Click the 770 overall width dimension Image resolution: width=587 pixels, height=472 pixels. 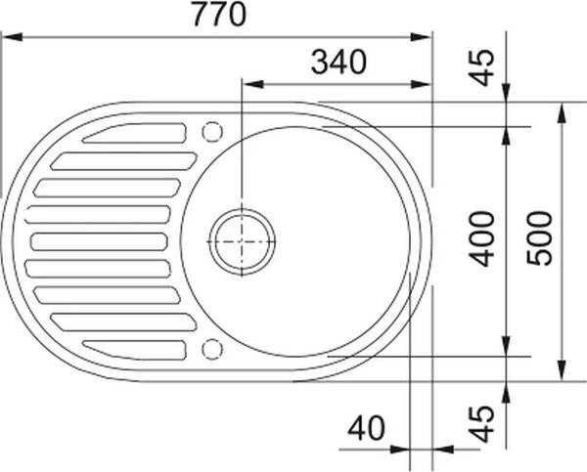click(220, 15)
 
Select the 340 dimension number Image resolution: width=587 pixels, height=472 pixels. click(339, 63)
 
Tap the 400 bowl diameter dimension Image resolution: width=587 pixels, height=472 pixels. click(482, 239)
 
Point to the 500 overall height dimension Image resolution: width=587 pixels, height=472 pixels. click(539, 238)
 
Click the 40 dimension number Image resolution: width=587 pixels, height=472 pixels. click(366, 428)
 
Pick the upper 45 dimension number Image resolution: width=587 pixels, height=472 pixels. click(482, 68)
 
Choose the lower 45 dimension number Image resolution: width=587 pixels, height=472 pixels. click(482, 424)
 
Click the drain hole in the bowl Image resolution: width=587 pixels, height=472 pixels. click(242, 241)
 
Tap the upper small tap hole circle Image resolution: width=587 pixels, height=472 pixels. click(212, 132)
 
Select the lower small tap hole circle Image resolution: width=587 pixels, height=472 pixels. click(212, 349)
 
